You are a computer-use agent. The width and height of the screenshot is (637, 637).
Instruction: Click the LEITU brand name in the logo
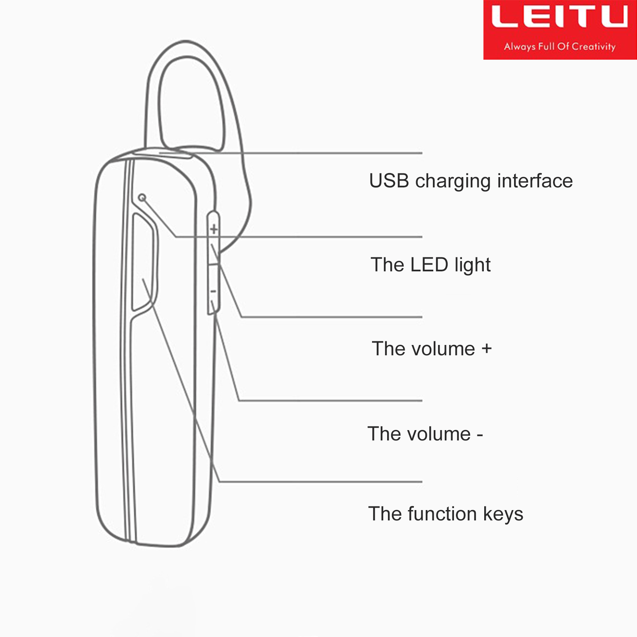click(560, 17)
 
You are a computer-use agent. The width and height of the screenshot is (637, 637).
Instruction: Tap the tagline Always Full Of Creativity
click(560, 47)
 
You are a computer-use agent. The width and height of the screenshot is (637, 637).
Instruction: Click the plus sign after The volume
click(487, 349)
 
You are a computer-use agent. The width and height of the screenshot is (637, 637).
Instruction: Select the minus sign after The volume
click(480, 435)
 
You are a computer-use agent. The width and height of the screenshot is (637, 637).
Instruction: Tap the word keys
click(503, 515)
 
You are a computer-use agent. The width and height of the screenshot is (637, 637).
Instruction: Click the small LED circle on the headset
click(142, 197)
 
